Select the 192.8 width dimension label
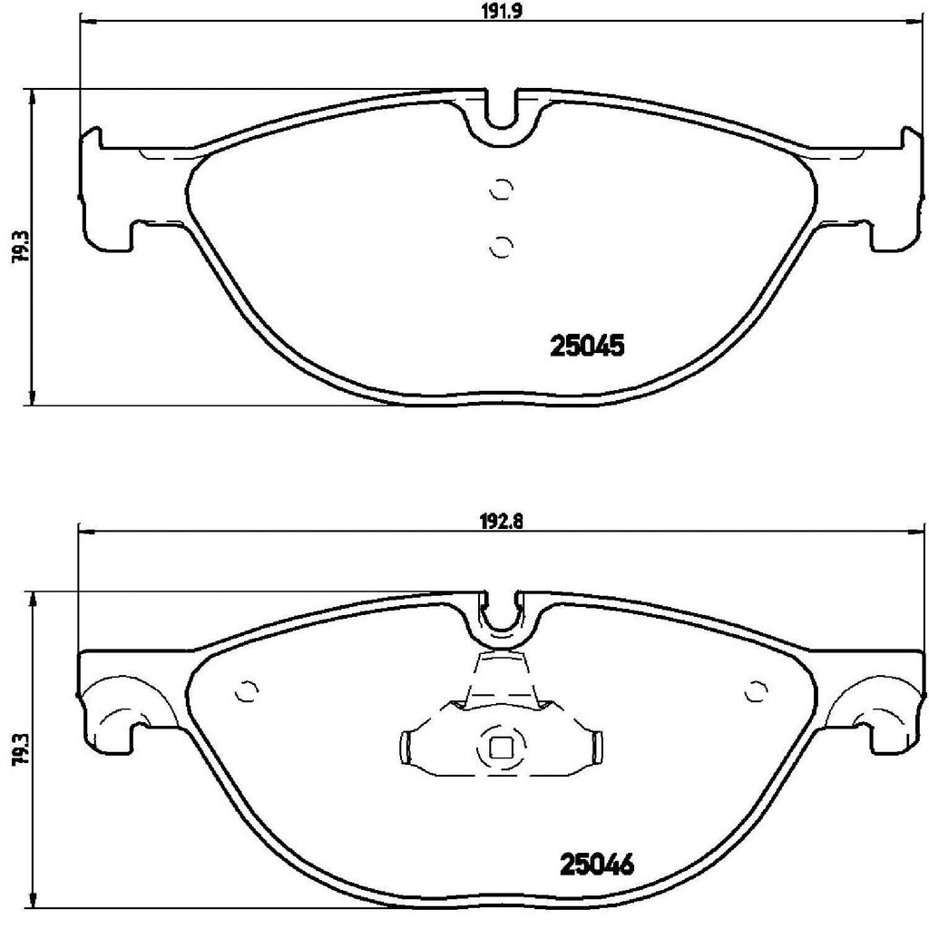[498, 521]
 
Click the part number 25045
[588, 347]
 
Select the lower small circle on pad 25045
[500, 244]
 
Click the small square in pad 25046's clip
[499, 748]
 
